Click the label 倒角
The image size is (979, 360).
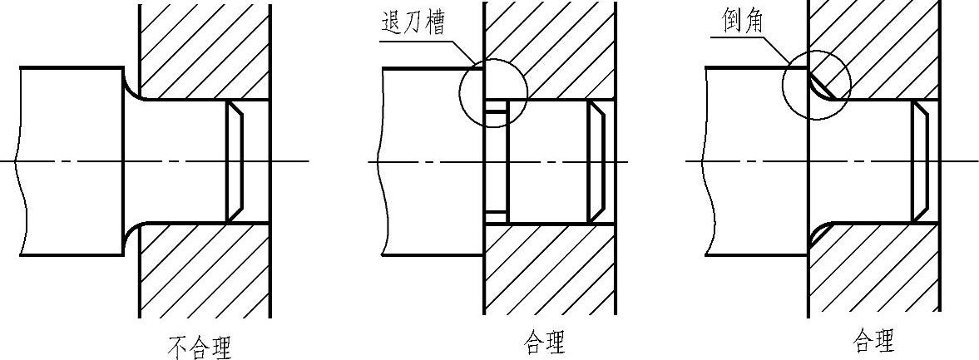click(737, 23)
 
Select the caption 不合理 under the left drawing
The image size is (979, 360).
click(200, 344)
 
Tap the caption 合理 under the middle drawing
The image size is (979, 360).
click(545, 342)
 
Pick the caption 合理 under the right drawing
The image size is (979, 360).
click(874, 341)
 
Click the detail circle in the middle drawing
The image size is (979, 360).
click(493, 91)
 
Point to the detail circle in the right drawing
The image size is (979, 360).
click(817, 87)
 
